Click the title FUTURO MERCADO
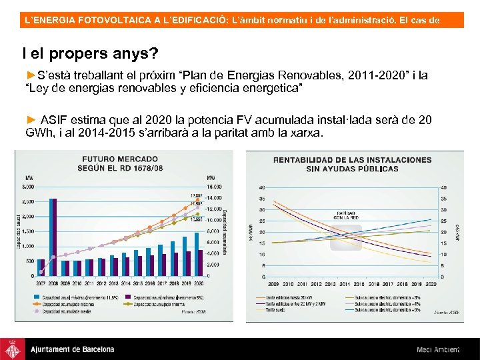120,159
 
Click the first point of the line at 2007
41,271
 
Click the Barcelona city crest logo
13,349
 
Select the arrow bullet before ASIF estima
31,119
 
